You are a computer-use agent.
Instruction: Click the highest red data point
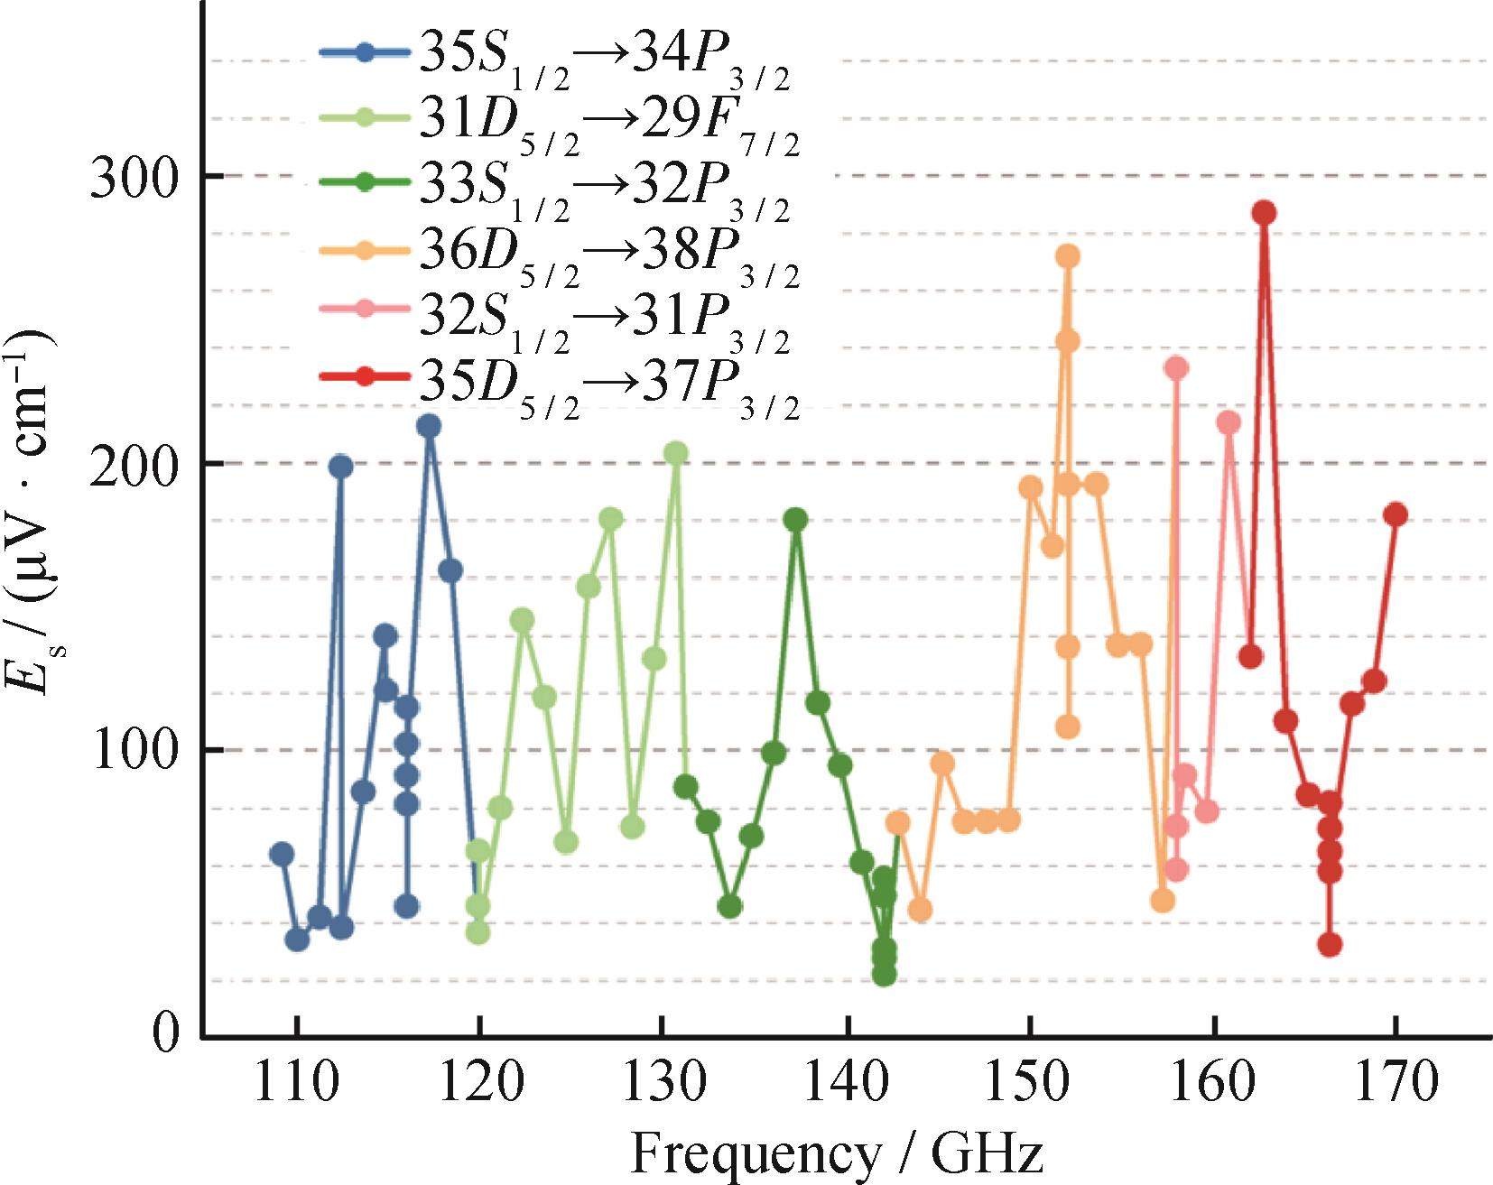(x=1264, y=213)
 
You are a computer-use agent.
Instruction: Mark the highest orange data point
(x=1068, y=256)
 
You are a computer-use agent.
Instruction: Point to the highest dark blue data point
(x=429, y=426)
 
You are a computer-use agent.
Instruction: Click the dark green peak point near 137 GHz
(x=795, y=519)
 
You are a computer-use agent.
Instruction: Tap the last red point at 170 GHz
(x=1396, y=514)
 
